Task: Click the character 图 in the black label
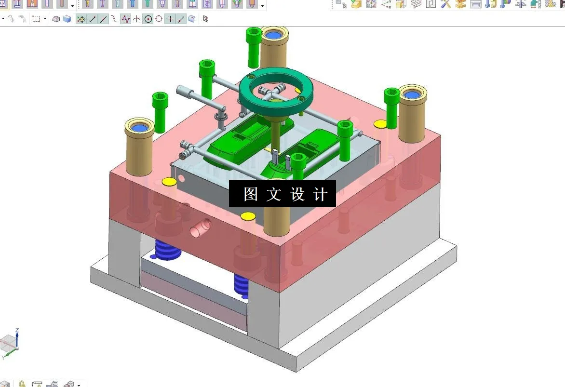pyautogui.click(x=251, y=194)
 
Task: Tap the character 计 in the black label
pyautogui.click(x=320, y=194)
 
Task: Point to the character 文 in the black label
pyautogui.click(x=274, y=194)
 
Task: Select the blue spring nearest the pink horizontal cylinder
pyautogui.click(x=167, y=249)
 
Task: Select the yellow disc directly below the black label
pyautogui.click(x=248, y=215)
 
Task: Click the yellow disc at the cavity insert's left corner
pyautogui.click(x=169, y=182)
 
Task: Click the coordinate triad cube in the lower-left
pyautogui.click(x=8, y=344)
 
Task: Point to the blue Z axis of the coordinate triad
pyautogui.click(x=17, y=337)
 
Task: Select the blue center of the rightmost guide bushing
pyautogui.click(x=412, y=94)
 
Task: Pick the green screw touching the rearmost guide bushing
pyautogui.click(x=254, y=47)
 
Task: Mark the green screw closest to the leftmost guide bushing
pyautogui.click(x=160, y=112)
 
